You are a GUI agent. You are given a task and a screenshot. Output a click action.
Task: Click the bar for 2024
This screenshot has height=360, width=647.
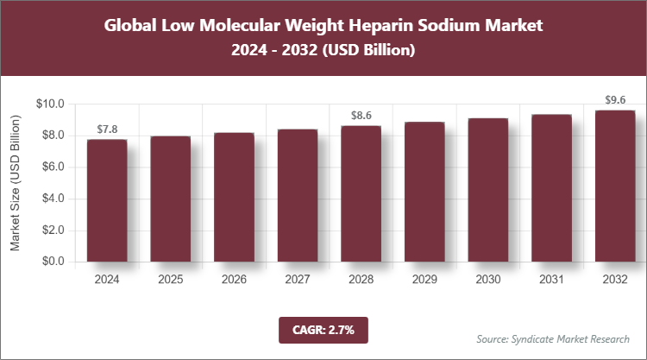107,200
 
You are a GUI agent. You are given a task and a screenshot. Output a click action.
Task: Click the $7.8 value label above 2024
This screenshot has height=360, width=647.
107,129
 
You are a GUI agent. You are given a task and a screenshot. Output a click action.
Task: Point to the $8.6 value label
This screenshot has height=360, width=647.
361,116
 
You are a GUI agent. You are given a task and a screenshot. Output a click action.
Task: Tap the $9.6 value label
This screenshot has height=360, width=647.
614,100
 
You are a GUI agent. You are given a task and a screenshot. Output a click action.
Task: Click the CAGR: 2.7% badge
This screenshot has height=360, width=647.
323,330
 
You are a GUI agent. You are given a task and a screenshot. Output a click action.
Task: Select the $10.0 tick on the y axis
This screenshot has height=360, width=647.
51,104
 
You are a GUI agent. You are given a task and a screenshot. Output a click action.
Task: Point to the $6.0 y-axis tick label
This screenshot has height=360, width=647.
53,167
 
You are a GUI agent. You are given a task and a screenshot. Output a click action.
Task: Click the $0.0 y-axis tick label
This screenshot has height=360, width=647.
53,262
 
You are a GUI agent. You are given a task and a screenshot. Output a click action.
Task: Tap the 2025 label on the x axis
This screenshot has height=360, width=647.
171,280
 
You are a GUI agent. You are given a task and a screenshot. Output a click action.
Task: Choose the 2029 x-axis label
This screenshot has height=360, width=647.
424,280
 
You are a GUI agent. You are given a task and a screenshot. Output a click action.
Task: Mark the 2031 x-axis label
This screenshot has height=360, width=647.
551,280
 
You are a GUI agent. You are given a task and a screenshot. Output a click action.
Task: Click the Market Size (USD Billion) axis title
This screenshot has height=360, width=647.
15,183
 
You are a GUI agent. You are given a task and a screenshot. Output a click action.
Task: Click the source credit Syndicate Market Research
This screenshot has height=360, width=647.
553,338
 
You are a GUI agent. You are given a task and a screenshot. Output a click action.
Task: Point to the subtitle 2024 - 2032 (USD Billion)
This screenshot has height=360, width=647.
323,51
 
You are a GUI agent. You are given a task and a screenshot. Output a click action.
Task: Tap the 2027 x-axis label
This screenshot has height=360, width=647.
298,280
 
